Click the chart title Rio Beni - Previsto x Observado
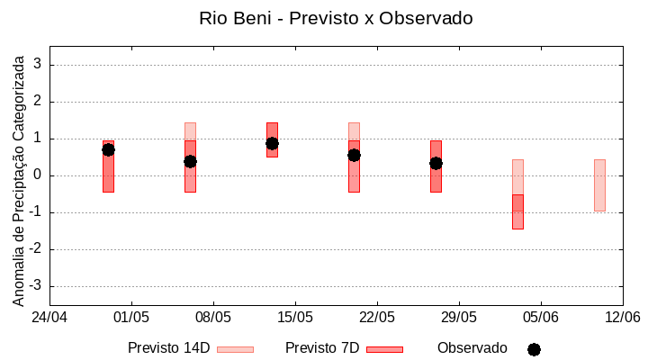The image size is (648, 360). tap(336, 18)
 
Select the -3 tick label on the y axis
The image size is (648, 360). tap(36, 286)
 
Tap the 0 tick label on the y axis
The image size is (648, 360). tap(38, 175)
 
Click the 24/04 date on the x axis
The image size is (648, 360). tap(49, 318)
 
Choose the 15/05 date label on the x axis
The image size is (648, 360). tap(294, 318)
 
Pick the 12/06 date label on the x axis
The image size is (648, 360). tap(621, 318)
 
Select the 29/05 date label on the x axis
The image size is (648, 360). tap(458, 318)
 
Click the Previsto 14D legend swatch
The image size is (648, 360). tap(235, 349)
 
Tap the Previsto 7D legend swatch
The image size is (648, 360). tap(384, 349)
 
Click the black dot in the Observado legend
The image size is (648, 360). tap(534, 349)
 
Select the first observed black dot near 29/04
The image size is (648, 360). tap(108, 149)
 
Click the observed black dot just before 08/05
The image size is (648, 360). tap(190, 161)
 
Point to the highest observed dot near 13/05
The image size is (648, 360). tap(272, 143)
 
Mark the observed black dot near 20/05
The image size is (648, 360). tap(354, 155)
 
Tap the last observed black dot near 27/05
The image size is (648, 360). tap(436, 163)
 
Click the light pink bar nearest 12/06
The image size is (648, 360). tap(599, 185)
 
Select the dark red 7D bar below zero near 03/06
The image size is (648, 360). tap(517, 211)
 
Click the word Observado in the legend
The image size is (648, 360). tap(472, 348)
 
